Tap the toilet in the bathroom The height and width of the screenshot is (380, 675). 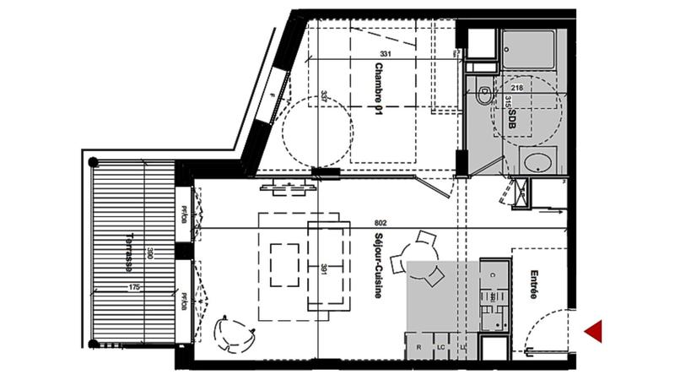pos(483,94)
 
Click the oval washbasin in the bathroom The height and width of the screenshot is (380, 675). pos(537,161)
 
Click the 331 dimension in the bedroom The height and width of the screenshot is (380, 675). pos(386,55)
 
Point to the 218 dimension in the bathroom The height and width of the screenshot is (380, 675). pos(517,88)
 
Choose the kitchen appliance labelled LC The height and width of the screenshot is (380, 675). pos(440,347)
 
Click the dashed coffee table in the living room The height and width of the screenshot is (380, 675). pos(283,264)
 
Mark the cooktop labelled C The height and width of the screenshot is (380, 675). pos(494,275)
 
